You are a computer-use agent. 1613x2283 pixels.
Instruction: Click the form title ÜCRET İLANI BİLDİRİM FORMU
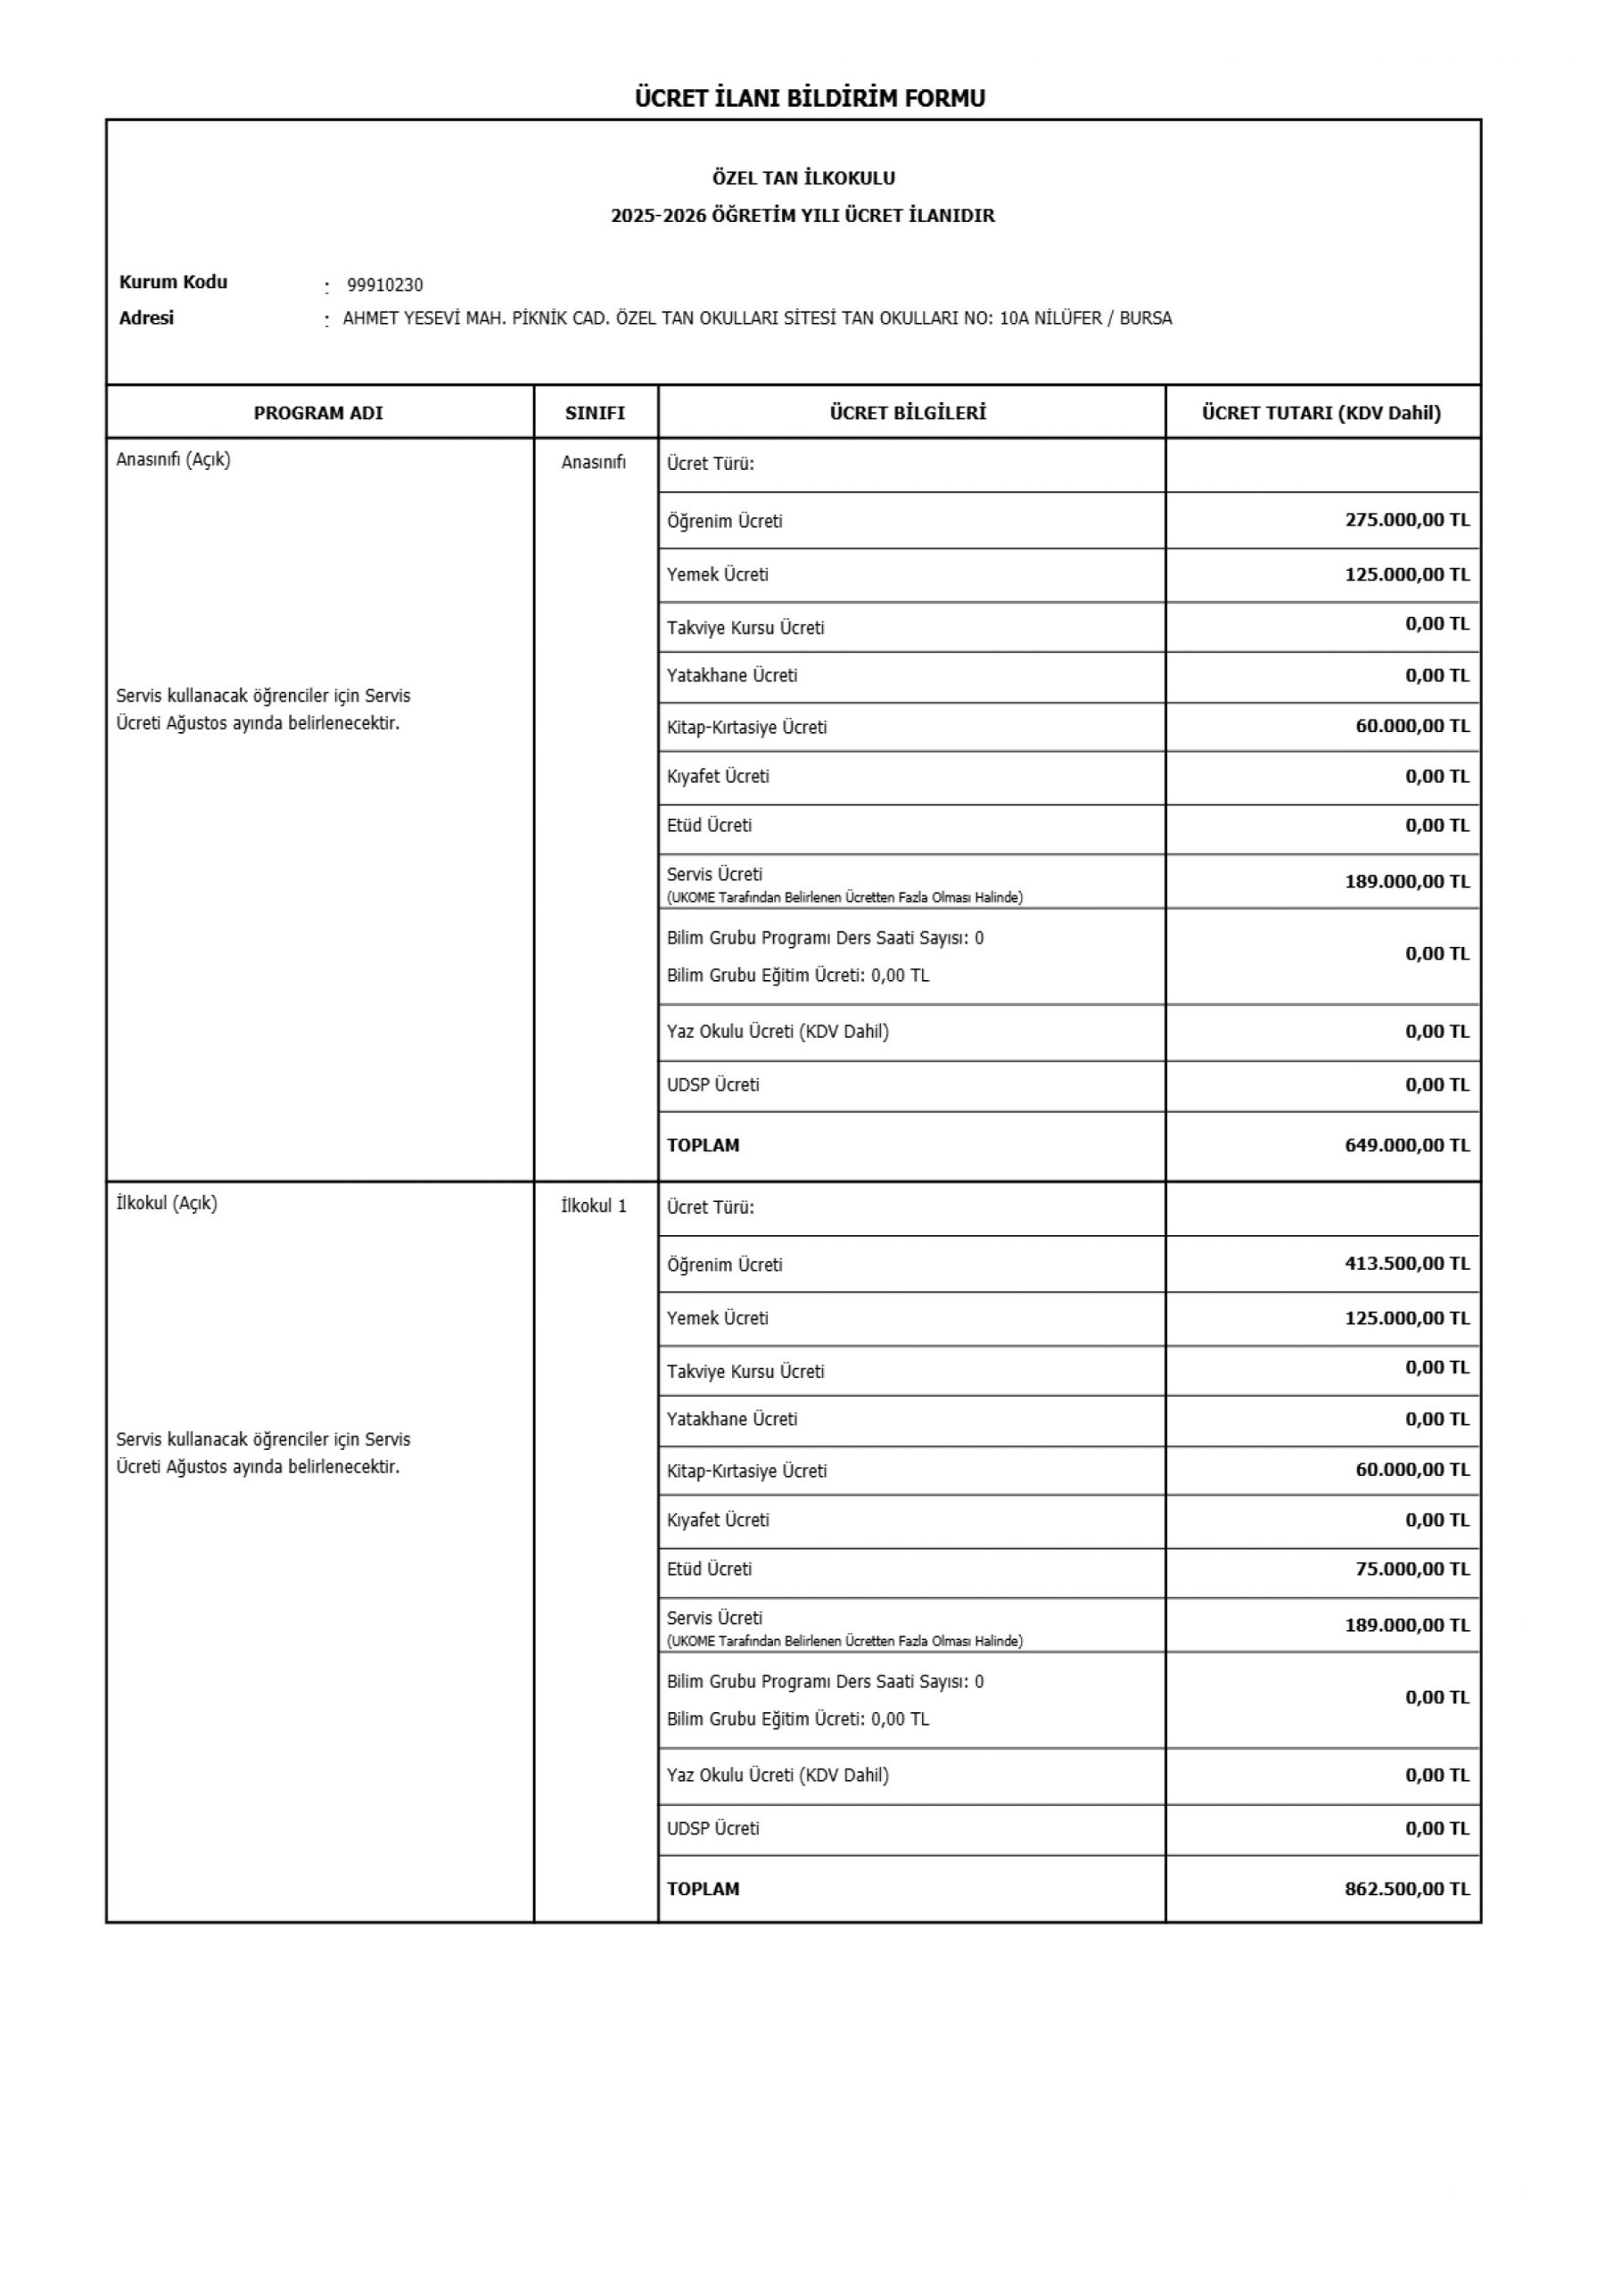[x=810, y=97]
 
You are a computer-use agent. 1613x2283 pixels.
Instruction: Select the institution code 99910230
[x=385, y=285]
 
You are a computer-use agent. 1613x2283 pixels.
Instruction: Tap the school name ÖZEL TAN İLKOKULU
[x=803, y=178]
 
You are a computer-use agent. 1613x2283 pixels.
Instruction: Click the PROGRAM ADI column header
[x=318, y=413]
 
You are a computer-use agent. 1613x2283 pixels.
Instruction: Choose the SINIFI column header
[x=595, y=413]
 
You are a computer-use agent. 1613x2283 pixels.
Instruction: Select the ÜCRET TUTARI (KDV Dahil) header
[x=1321, y=413]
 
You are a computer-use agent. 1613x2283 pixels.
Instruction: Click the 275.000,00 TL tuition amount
[x=1406, y=520]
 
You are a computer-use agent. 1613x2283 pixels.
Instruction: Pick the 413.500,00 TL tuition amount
[x=1406, y=1263]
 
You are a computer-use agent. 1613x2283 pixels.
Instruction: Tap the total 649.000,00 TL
[x=1406, y=1144]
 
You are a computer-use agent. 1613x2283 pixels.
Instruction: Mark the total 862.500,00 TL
[x=1406, y=1888]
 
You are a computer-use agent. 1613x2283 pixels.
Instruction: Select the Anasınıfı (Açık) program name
[x=173, y=459]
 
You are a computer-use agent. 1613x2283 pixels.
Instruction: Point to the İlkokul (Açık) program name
[x=166, y=1203]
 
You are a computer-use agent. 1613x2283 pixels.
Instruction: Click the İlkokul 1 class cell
[x=594, y=1206]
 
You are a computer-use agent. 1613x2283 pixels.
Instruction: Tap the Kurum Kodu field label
[x=173, y=282]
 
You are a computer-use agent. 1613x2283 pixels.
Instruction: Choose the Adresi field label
[x=146, y=318]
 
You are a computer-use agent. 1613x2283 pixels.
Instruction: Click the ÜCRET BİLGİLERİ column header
[x=908, y=413]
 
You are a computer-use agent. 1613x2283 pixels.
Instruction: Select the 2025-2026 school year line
[x=802, y=216]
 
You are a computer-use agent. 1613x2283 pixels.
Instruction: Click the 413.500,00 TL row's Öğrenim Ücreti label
[x=724, y=1265]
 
